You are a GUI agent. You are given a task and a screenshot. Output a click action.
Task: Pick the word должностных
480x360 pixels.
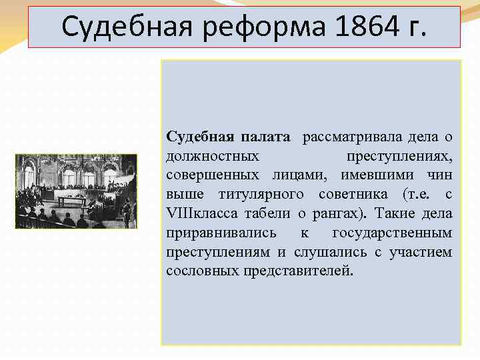[213, 157]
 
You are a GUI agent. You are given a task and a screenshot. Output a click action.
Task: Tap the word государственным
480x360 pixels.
[392, 233]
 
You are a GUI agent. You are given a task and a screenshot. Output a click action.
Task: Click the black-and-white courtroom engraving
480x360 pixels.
[76, 192]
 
